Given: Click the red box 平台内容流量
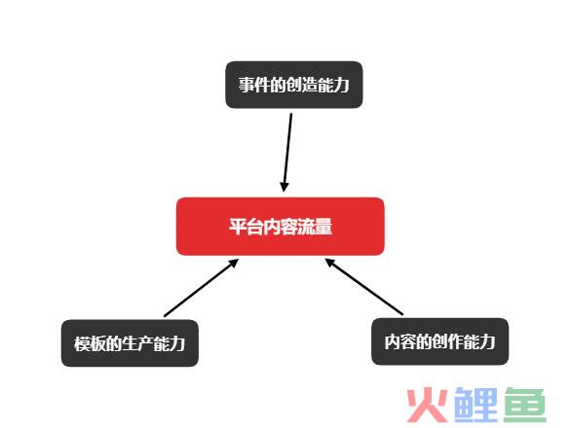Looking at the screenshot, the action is tap(281, 227).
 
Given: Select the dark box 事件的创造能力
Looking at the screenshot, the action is tap(294, 85).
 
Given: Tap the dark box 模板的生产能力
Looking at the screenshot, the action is tap(130, 343).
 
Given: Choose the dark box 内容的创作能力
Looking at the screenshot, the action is tap(439, 341).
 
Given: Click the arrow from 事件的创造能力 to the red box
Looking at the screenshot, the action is tap(287, 153).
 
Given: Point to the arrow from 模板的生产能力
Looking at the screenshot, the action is tap(201, 288).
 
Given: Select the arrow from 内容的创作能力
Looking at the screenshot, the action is tap(363, 286).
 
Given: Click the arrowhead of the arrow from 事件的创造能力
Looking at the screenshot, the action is tap(285, 187).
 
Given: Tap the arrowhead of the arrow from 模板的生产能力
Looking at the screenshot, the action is tap(234, 264).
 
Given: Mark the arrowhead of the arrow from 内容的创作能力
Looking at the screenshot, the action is tap(330, 263).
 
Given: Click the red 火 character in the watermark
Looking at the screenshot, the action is tap(427, 405).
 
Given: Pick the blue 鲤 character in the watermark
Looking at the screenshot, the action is tap(476, 405).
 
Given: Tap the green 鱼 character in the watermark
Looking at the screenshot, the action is tap(525, 405).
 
